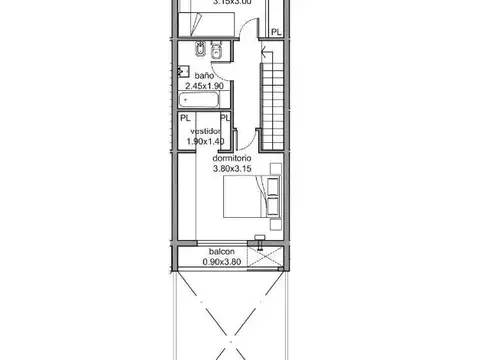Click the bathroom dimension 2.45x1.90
point(205,86)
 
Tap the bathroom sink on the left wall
point(183,71)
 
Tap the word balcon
point(221,252)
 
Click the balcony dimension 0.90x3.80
point(221,262)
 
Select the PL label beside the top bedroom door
point(276,32)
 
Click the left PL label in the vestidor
point(186,117)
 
